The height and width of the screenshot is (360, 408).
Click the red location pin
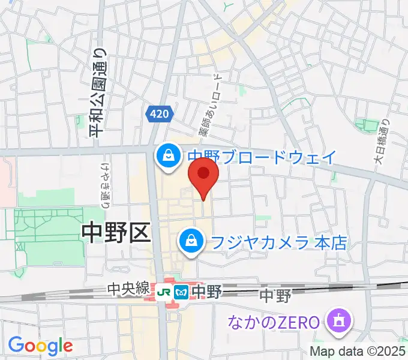(x=203, y=174)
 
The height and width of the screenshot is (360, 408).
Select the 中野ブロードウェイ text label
(x=262, y=157)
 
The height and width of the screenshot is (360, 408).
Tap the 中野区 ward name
(x=115, y=232)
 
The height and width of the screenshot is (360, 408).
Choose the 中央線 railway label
(x=128, y=290)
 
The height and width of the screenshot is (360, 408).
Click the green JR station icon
(x=164, y=292)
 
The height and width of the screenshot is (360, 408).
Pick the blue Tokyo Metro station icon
(x=181, y=292)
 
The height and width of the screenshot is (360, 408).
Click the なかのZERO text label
(x=272, y=322)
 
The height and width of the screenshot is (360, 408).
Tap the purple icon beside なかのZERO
(x=336, y=322)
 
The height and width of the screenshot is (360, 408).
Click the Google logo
(x=40, y=346)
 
